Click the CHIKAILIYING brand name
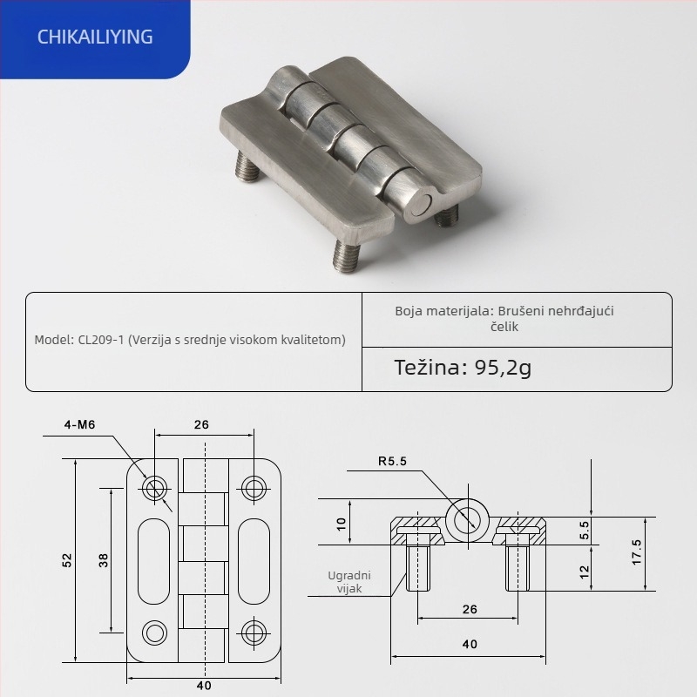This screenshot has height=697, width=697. (97, 37)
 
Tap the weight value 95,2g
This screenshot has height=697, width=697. (503, 367)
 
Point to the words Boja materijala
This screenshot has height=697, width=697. (442, 310)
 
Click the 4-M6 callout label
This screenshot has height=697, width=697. (79, 425)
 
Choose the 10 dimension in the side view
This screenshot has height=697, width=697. (342, 523)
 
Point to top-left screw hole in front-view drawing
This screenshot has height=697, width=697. (156, 488)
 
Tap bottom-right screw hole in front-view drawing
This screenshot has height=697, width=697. (253, 632)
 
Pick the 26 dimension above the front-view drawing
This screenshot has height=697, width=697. (201, 425)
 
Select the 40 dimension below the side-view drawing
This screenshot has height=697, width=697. (470, 645)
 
